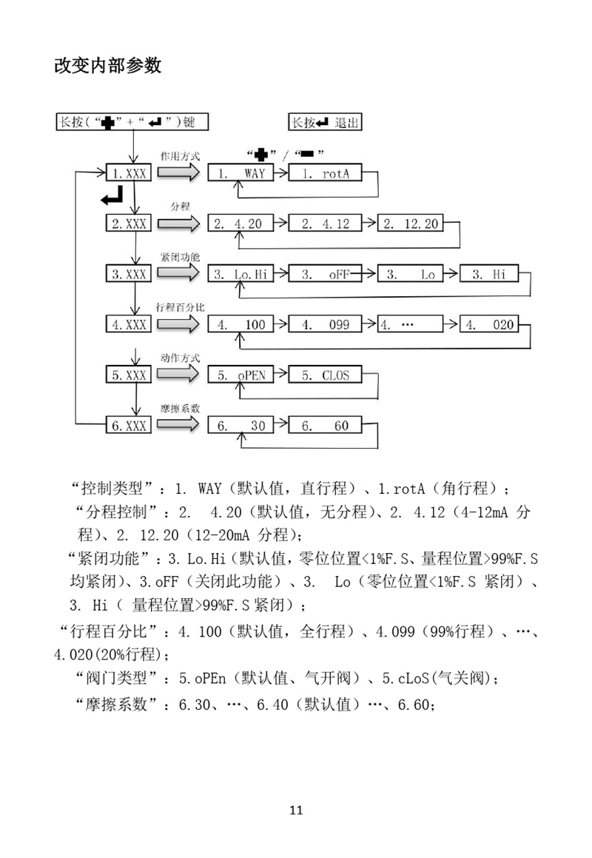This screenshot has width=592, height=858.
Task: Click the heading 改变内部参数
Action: coord(108,66)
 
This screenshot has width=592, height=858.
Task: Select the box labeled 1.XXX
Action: coord(128,173)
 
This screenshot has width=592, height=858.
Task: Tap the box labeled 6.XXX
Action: coord(128,426)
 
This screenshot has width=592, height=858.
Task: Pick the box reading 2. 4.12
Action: coord(326,224)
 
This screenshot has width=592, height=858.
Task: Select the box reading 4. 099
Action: coord(326,324)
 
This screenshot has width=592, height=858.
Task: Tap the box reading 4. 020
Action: coord(488,324)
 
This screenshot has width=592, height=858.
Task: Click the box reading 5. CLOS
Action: coord(326,375)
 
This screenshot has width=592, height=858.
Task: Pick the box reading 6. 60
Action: coord(326,426)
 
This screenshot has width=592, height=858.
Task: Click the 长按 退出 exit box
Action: coord(324,123)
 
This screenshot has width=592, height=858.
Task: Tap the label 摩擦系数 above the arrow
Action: coord(180,408)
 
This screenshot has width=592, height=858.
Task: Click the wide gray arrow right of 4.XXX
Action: coord(178,324)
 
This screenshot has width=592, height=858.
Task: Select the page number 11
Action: coord(296,810)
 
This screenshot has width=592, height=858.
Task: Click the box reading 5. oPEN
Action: coord(240,375)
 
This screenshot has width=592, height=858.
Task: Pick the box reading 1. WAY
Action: coord(240,173)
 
